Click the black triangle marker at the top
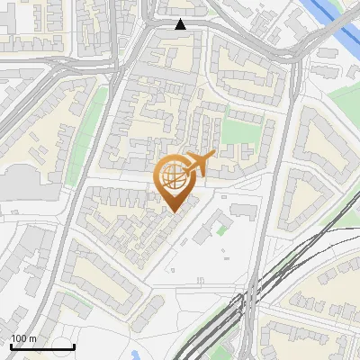point(181,24)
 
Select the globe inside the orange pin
point(175,176)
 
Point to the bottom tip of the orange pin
point(174,212)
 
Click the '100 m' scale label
point(22,338)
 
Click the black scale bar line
point(42,346)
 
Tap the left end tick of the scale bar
point(11,345)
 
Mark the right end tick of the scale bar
point(74,345)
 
